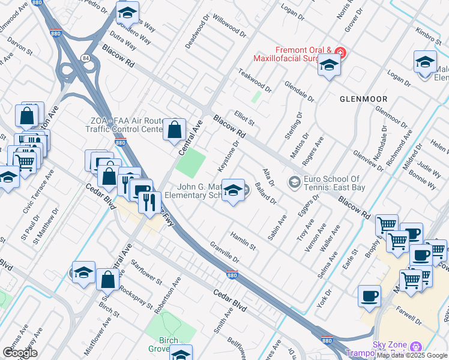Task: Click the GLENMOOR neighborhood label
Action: click(363, 98)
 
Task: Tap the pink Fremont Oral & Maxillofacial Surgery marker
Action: click(340, 53)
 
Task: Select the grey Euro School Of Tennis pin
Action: click(294, 181)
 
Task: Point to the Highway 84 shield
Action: click(85, 58)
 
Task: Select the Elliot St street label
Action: click(244, 116)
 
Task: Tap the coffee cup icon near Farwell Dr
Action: click(369, 296)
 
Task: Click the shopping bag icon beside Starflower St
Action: click(107, 280)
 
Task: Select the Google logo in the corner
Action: click(19, 353)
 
